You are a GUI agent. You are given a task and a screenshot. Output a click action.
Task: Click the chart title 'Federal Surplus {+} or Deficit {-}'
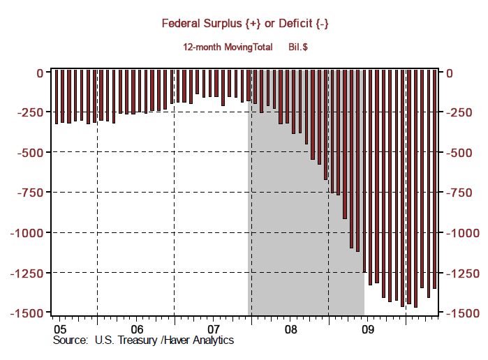[245, 24]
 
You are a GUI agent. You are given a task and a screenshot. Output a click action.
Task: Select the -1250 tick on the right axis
[461, 273]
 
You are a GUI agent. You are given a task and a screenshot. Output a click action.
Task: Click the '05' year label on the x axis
[60, 329]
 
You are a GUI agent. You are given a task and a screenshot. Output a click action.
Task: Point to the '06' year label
[137, 329]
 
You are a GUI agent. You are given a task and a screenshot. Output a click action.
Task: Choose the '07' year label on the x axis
[214, 329]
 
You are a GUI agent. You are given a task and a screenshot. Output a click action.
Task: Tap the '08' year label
[290, 329]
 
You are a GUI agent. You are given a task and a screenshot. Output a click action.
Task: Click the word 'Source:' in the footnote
[71, 340]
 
